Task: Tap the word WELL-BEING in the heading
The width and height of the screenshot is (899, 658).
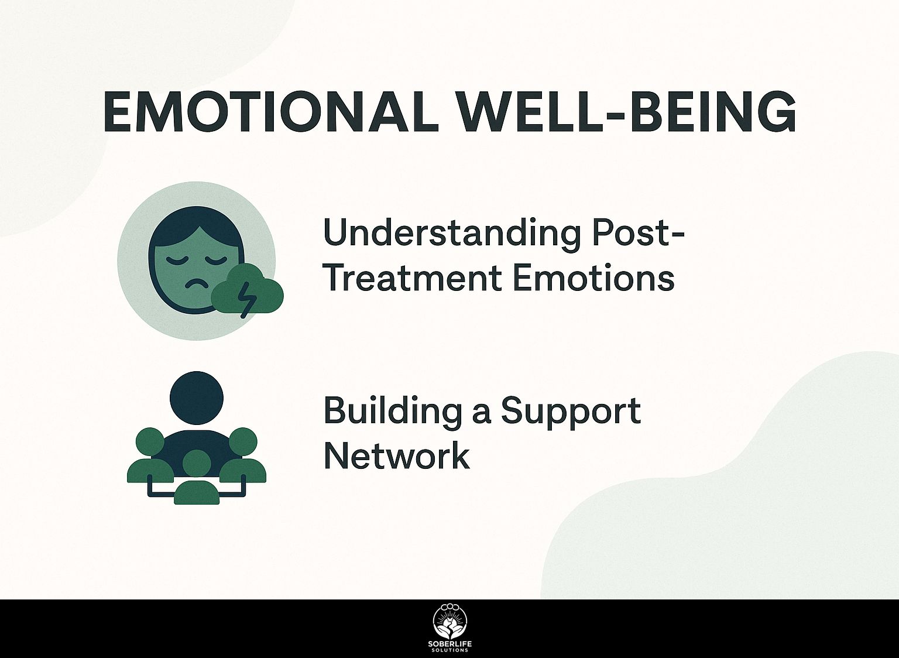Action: tap(627, 111)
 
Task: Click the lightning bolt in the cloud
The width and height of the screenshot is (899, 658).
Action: tap(245, 301)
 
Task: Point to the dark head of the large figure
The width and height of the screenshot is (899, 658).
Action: tap(196, 398)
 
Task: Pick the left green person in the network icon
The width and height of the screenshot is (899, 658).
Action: tap(150, 455)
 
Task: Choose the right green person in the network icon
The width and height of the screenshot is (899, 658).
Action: tap(242, 455)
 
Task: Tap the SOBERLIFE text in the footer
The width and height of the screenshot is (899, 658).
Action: tap(450, 645)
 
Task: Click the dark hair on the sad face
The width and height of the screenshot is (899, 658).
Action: tap(196, 225)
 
